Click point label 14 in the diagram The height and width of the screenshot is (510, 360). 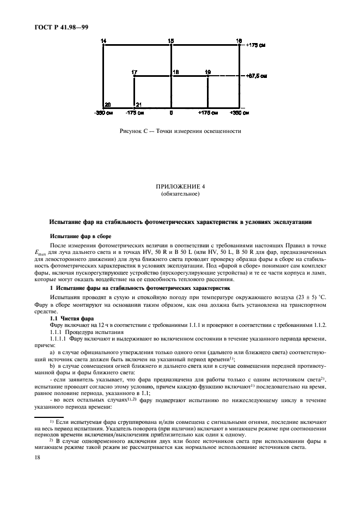pyautogui.click(x=103, y=41)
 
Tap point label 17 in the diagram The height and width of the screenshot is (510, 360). pyautogui.click(x=134, y=72)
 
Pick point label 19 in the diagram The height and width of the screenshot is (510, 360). pyautogui.click(x=208, y=72)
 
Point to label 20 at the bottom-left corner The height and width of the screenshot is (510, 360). pyautogui.click(x=107, y=104)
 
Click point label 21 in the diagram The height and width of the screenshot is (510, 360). pyautogui.click(x=138, y=104)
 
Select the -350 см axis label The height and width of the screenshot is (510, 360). pyautogui.click(x=103, y=113)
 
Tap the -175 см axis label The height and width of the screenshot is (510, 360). pyautogui.click(x=134, y=113)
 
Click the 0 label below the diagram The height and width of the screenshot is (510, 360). pyautogui.click(x=171, y=113)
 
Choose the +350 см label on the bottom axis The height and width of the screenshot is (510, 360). pyautogui.click(x=238, y=113)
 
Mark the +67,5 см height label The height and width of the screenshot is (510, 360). pyautogui.click(x=256, y=76)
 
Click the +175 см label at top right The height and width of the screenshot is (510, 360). pyautogui.click(x=255, y=45)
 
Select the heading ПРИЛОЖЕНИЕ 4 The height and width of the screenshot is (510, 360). pyautogui.click(x=179, y=186)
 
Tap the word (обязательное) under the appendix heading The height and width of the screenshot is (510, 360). pyautogui.click(x=179, y=193)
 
